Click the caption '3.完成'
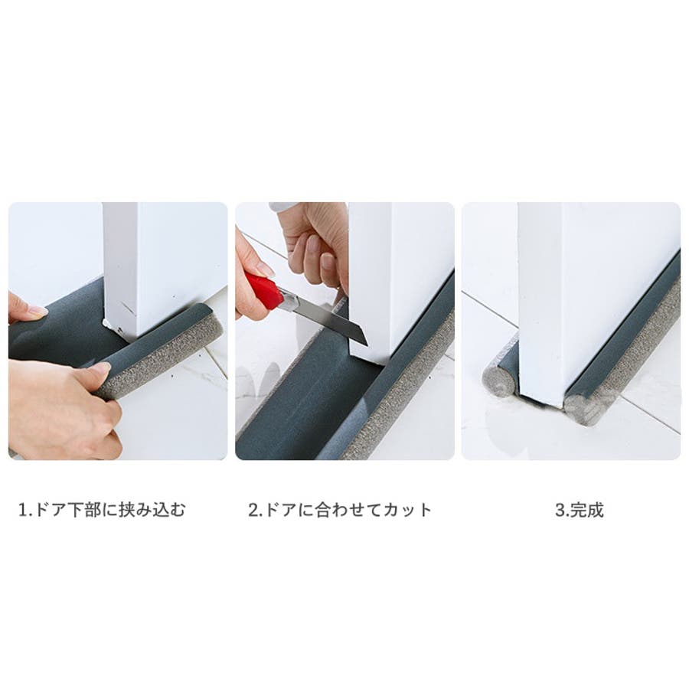580,510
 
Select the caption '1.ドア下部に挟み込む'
102,510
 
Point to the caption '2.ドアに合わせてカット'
340,510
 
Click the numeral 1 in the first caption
23,510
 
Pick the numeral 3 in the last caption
560,510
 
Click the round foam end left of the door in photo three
498,380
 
